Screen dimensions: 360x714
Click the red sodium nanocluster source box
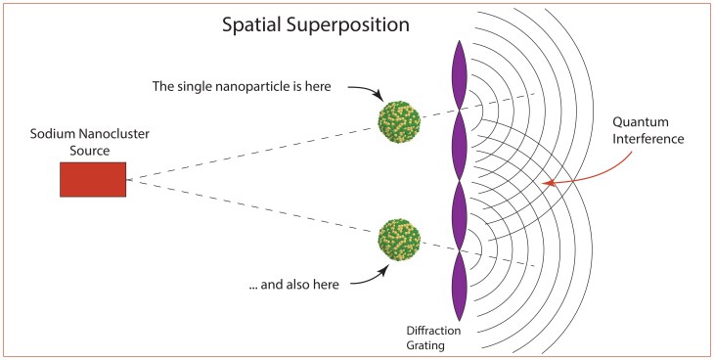(93, 180)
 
